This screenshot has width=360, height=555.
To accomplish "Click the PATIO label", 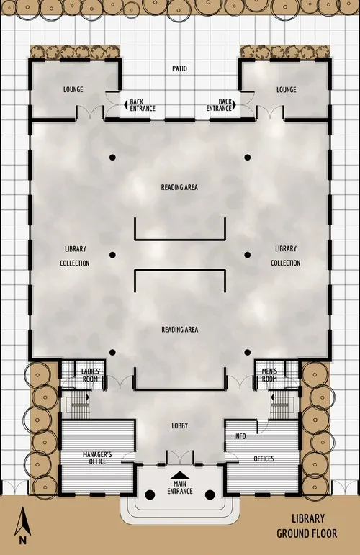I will pos(179,69).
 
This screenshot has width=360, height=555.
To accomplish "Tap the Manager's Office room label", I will pos(98,458).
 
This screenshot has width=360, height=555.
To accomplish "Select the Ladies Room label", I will pos(91,375).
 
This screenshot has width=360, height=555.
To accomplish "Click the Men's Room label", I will pos(269,375).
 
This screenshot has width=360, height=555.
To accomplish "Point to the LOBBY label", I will pos(179,426).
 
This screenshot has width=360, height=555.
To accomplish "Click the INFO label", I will pos(240,436).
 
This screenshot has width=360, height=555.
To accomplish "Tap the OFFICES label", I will pos(264,459).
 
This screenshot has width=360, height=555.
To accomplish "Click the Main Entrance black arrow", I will pos(179,476).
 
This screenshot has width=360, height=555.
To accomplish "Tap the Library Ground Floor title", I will pos(308,525).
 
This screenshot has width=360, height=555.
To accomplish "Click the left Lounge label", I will pos(73,90).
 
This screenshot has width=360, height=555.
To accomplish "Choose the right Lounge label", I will pos(287,90).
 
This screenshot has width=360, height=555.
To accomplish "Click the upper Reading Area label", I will pos(179,188).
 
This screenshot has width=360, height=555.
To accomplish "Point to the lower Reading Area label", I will pos(179,330).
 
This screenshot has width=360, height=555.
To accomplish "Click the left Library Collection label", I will pos(75,256).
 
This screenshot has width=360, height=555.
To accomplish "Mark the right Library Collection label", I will pos(285,256).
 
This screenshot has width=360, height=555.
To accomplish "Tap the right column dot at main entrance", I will pos(210,495).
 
